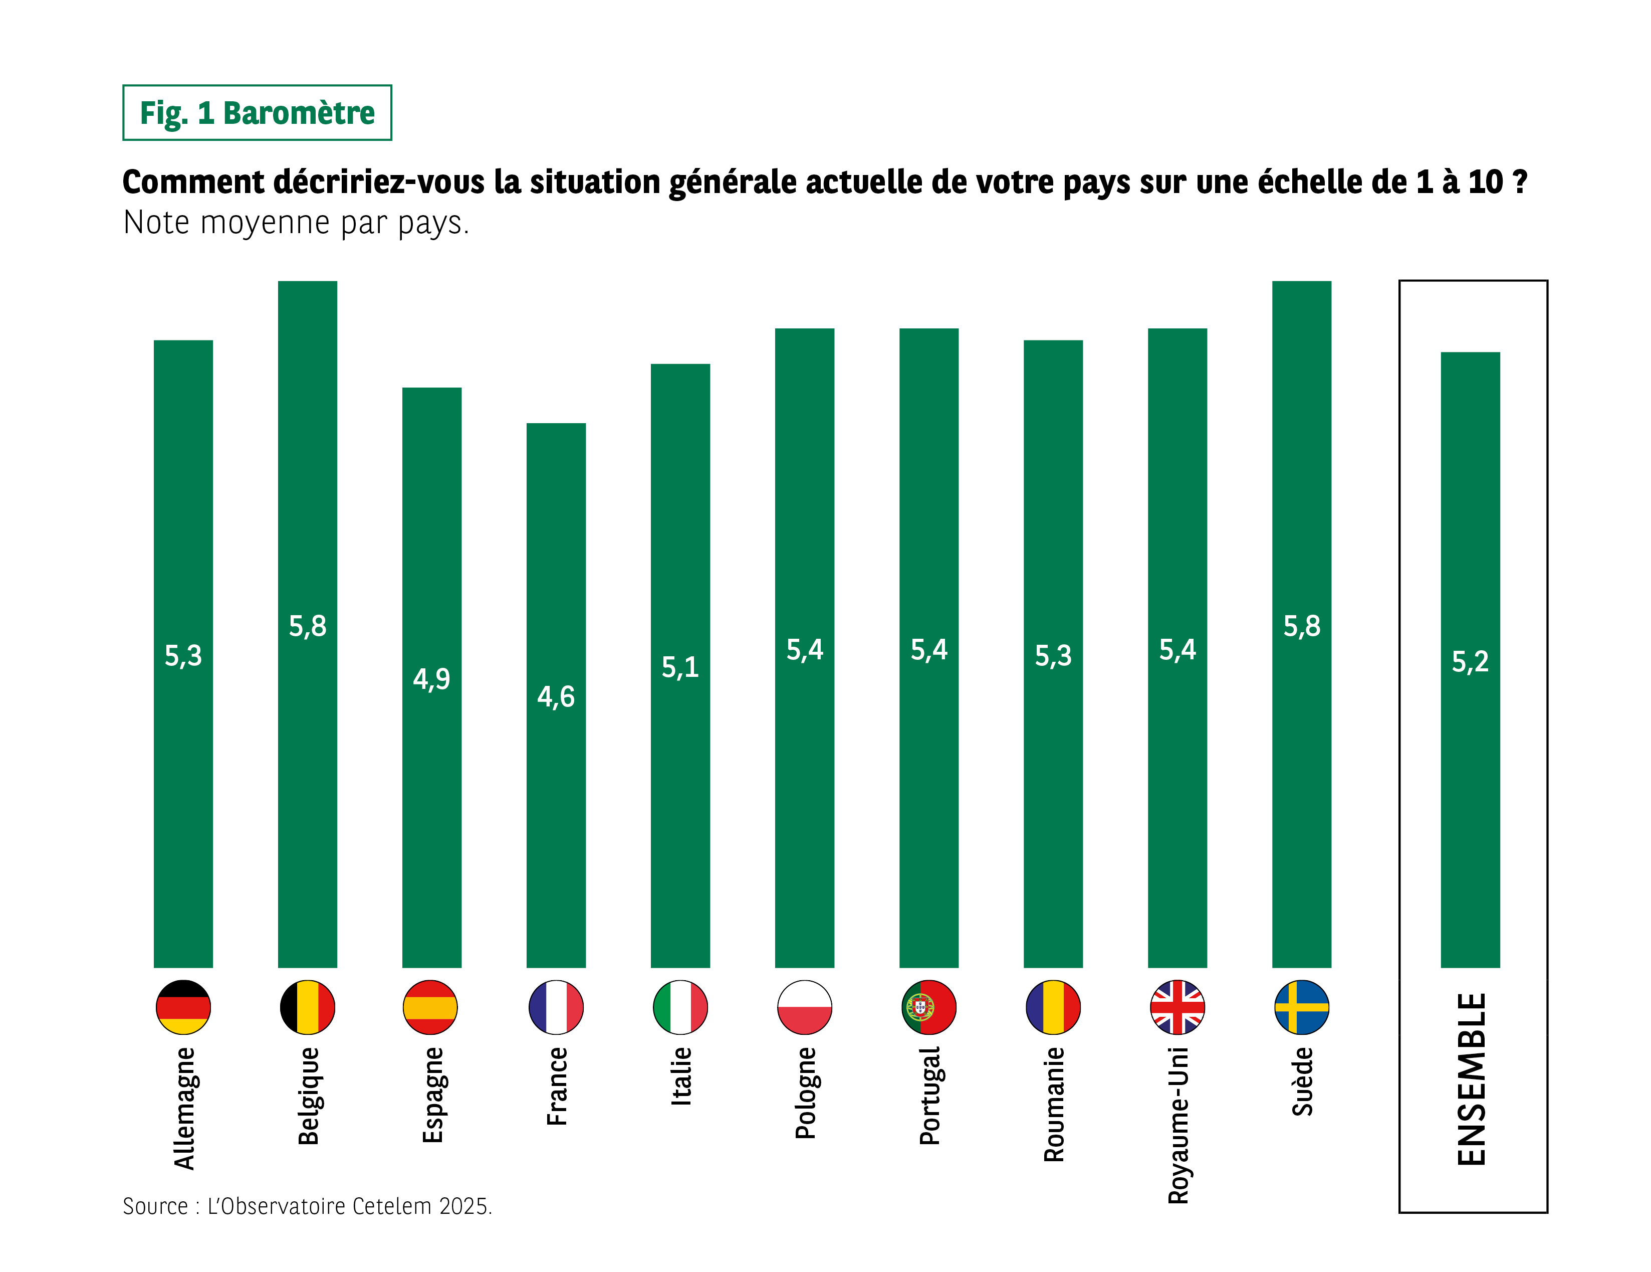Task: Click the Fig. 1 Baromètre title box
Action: point(257,113)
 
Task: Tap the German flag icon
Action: point(183,1007)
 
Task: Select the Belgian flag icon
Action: point(307,1007)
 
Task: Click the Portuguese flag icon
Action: point(928,1007)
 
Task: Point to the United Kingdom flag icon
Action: point(1177,1007)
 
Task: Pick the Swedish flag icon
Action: point(1301,1007)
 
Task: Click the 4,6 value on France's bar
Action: point(556,696)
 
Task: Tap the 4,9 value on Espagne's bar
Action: point(431,678)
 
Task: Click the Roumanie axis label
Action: point(1053,1104)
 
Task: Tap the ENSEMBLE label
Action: point(1471,1078)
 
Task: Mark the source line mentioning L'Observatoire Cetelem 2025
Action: point(307,1205)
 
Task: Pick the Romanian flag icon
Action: point(1053,1007)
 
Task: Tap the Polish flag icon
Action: point(804,1007)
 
